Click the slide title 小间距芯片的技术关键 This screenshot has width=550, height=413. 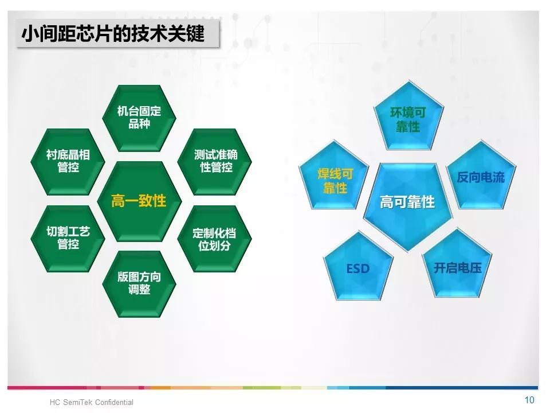(x=113, y=34)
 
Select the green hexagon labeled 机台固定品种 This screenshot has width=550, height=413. (x=139, y=118)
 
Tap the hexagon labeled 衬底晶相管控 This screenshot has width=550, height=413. (x=68, y=162)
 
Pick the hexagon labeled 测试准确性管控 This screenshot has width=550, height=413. (x=215, y=162)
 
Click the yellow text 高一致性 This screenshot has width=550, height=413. (x=139, y=201)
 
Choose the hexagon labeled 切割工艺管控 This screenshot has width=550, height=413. (x=68, y=239)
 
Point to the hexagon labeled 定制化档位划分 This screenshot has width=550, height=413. (x=215, y=239)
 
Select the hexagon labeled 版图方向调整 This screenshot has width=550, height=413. (x=139, y=284)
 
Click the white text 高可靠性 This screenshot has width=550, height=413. (x=407, y=202)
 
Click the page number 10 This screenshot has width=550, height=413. (x=529, y=400)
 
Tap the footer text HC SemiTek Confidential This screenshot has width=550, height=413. (x=92, y=402)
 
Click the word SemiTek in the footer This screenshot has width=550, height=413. (x=78, y=402)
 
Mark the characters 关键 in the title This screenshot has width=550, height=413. (x=186, y=34)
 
